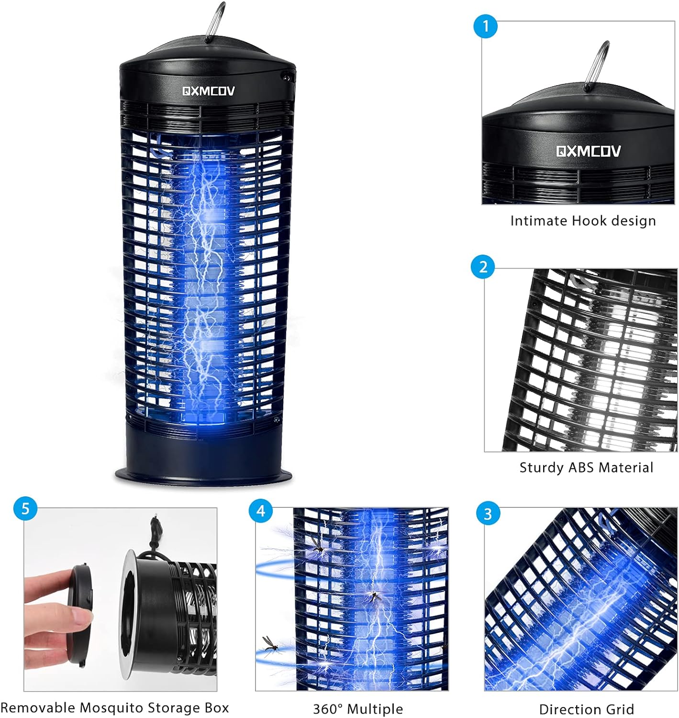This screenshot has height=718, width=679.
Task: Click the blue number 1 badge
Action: click(x=486, y=26)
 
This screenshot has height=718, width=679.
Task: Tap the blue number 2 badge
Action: click(x=483, y=267)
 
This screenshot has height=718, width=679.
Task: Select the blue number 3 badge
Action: click(x=488, y=514)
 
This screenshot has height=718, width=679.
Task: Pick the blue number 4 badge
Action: click(x=261, y=511)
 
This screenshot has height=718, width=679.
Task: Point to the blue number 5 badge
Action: click(x=25, y=508)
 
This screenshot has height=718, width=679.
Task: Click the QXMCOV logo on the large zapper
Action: click(x=209, y=91)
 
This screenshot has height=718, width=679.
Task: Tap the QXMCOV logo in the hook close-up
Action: click(x=588, y=151)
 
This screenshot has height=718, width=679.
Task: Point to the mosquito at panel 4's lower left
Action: click(x=270, y=647)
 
